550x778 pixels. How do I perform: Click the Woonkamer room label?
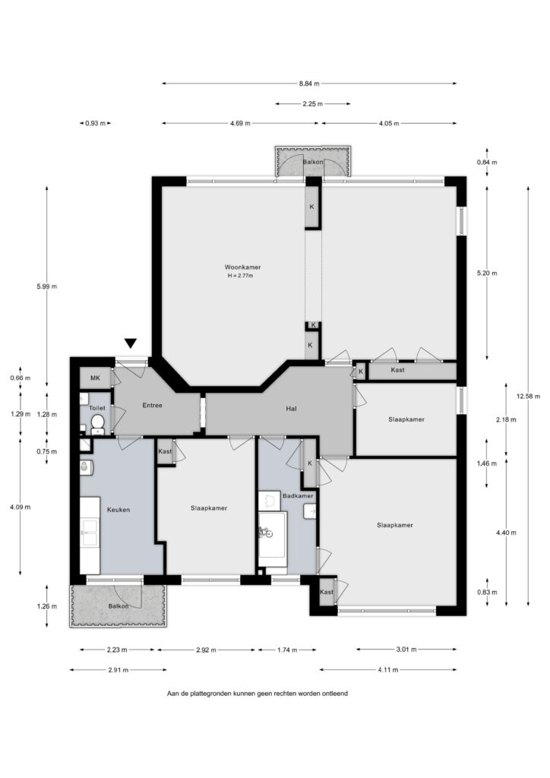[x=242, y=267]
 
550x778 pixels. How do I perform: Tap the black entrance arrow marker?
[x=131, y=343]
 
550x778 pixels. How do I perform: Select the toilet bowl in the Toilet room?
[x=97, y=422]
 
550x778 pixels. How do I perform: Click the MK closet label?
[x=95, y=378]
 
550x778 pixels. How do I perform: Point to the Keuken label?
[x=119, y=510]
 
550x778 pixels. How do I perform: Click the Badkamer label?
[x=298, y=495]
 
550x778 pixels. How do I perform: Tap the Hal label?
[x=292, y=409]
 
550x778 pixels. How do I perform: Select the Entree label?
[x=152, y=406]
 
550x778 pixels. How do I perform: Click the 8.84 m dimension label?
[x=309, y=84]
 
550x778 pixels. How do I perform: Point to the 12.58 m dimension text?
[x=528, y=397]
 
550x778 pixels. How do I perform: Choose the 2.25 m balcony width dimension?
[x=312, y=104]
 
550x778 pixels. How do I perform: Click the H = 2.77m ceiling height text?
[x=241, y=275]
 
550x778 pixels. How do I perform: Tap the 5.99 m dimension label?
[x=46, y=286]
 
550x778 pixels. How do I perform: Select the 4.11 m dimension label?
[x=388, y=670]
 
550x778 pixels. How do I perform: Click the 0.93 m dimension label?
[x=95, y=124]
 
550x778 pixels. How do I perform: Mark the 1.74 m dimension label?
[x=287, y=650]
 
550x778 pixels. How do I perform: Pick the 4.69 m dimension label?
[x=240, y=124]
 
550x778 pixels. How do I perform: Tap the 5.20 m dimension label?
[x=486, y=274]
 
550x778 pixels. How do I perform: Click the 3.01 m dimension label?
[x=406, y=650]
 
